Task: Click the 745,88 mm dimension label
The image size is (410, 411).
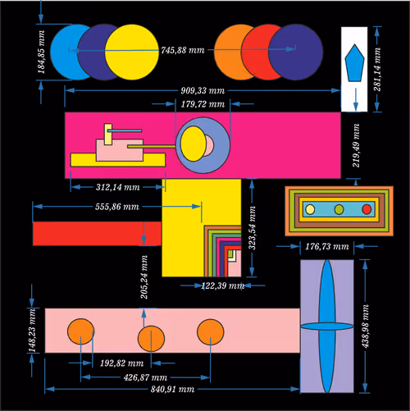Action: point(183,50)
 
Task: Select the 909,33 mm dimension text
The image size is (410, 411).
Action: point(203,90)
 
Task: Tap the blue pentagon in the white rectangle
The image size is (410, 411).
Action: point(354,62)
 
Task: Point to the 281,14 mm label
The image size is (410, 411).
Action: point(377,69)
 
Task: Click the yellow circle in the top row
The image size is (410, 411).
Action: point(132,53)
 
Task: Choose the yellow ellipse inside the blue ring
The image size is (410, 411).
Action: point(194,144)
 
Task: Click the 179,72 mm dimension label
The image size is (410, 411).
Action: point(203,104)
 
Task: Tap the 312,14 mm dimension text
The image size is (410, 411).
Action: point(118,187)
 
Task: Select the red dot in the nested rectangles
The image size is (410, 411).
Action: point(367,209)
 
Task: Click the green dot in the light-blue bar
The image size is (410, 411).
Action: point(339,209)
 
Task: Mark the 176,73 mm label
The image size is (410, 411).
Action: point(327,247)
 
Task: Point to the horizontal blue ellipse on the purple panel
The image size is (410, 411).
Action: point(327,326)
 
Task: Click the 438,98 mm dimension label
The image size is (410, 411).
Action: point(366,327)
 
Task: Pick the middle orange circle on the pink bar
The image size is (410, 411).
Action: point(151,339)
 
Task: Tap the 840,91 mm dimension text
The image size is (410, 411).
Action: point(172,389)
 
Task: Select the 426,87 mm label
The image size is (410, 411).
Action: point(145,377)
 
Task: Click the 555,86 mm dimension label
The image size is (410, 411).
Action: point(117,207)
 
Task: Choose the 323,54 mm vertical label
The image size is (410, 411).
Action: point(252,228)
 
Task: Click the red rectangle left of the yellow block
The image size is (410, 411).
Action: point(97,234)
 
